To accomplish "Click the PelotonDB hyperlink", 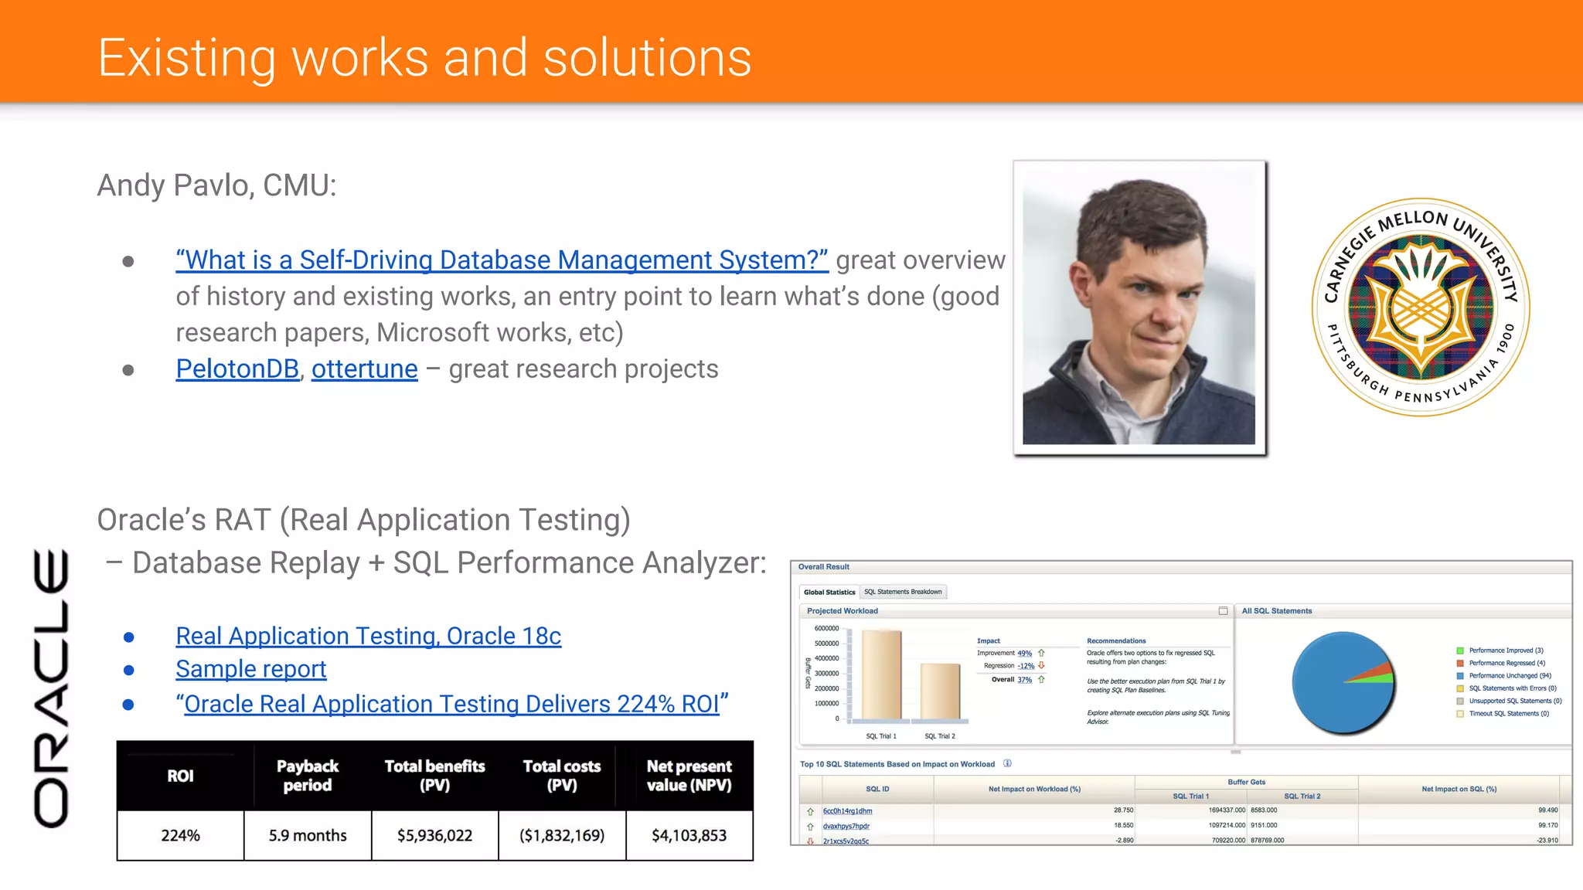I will click(237, 369).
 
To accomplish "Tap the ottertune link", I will click(364, 369).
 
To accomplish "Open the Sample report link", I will click(250, 669).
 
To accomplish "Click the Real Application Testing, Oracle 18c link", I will click(368, 636).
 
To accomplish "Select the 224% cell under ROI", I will click(180, 835).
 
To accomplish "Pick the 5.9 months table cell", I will click(308, 835).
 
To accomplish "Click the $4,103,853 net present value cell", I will click(689, 835).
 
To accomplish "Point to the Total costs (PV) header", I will click(562, 776).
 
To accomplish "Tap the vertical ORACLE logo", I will click(51, 688).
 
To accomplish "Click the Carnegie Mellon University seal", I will click(1421, 307).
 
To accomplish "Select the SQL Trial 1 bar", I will click(881, 675).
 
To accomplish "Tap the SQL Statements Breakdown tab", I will click(903, 592).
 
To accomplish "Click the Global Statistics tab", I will click(829, 593).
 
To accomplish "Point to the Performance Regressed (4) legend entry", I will click(1506, 663).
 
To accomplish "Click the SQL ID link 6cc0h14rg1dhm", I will click(847, 811).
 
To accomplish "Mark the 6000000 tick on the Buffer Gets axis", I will click(826, 629).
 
